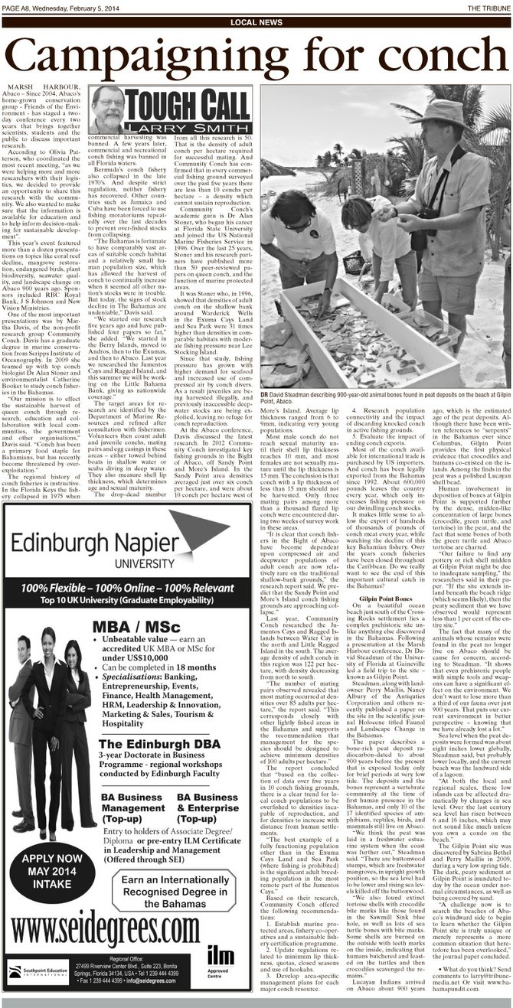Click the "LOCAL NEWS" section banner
pos(256,22)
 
